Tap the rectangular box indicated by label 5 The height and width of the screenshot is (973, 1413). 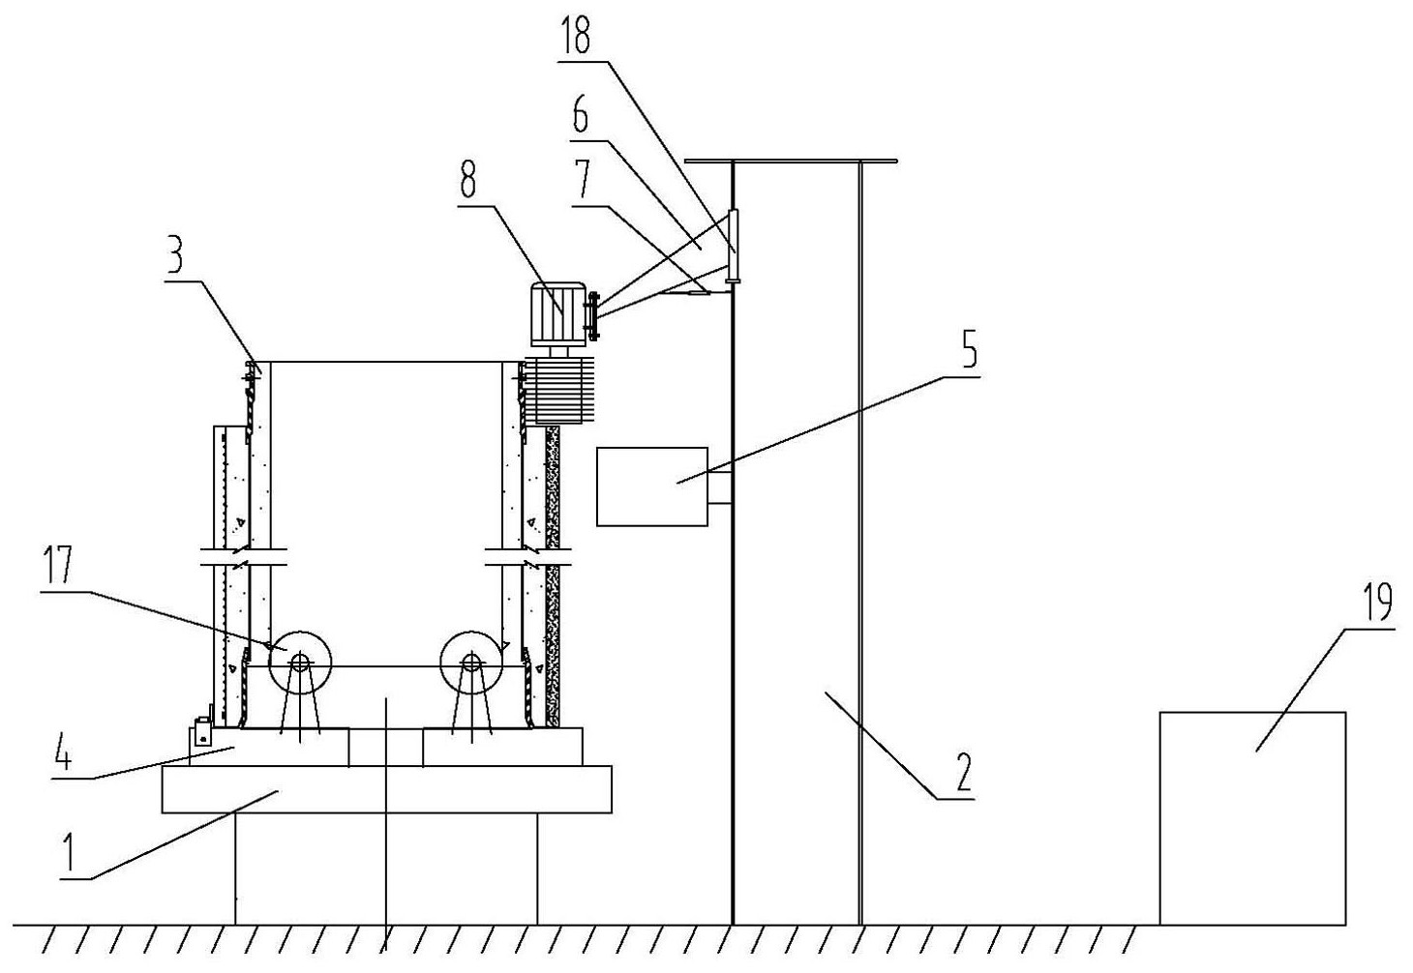coord(651,486)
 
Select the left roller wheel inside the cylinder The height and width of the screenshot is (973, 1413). coord(299,663)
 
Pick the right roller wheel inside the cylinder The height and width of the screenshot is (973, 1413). coord(471,663)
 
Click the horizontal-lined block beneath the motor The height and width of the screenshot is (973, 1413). coord(556,391)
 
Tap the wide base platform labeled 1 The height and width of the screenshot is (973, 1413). coord(385,788)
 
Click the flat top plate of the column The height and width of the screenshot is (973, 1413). coord(790,160)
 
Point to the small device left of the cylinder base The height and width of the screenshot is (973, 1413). coord(202,732)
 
